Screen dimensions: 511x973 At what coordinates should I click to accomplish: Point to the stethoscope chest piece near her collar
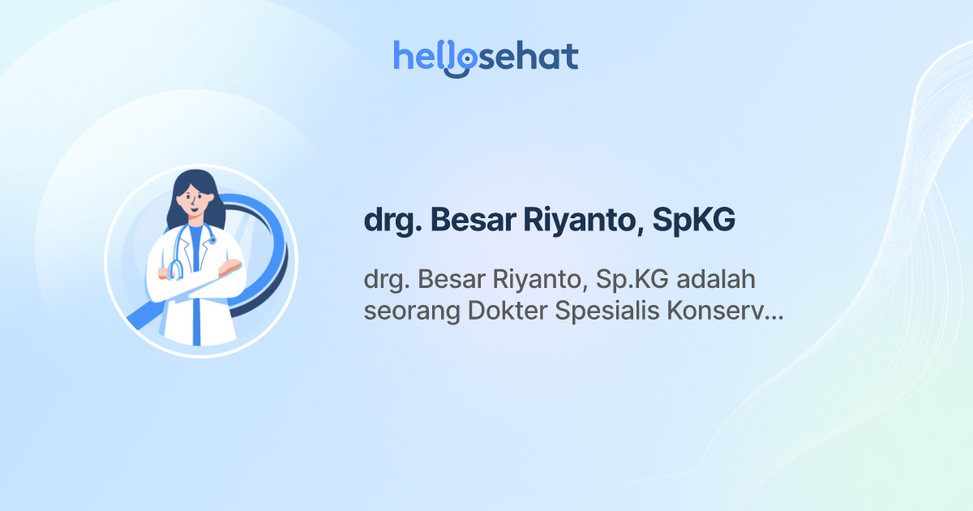coord(212,240)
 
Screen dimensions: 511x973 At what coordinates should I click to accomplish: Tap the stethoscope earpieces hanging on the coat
coord(175,270)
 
